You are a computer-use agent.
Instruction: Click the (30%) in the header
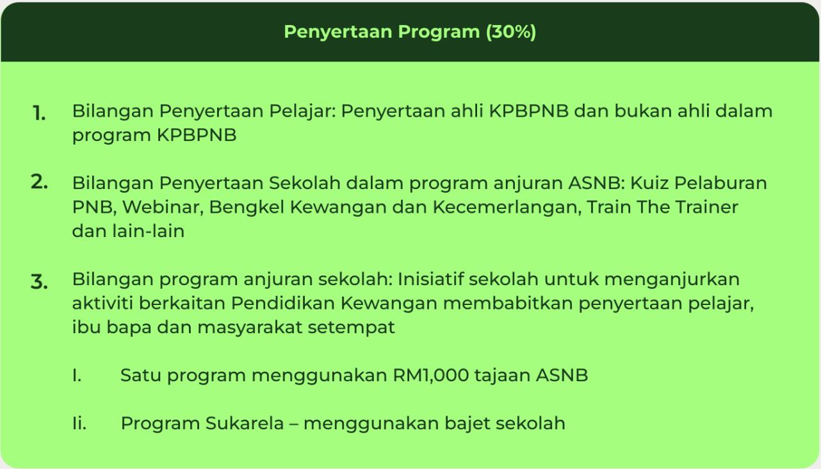point(511,32)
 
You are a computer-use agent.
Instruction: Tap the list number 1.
point(39,113)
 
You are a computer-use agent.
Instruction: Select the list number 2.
point(39,181)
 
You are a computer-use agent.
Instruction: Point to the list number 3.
point(39,282)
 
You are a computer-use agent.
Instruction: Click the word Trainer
point(706,207)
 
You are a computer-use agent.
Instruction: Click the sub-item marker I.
point(77,375)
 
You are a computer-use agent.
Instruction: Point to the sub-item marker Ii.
point(79,423)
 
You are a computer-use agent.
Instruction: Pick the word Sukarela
point(245,423)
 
